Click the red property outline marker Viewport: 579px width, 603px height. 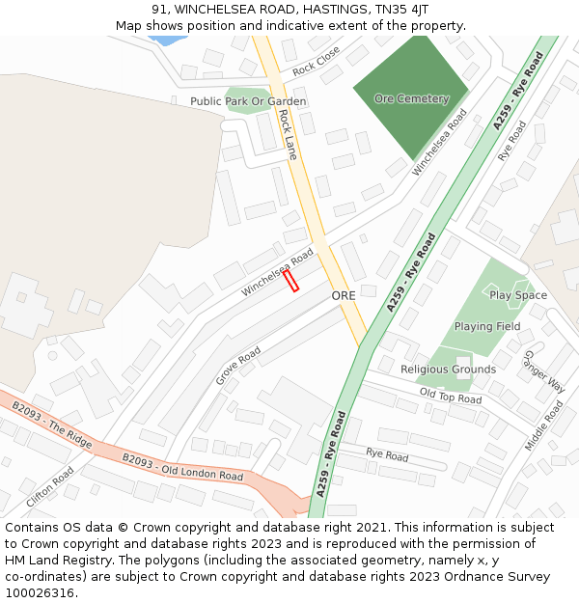click(290, 280)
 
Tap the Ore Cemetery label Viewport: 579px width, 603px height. click(411, 98)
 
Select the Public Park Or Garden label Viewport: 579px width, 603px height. click(248, 101)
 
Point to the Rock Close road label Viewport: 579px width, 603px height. click(317, 61)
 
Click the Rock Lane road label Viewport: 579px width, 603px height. click(287, 133)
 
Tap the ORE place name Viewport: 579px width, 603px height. click(345, 295)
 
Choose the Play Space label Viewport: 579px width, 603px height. click(517, 295)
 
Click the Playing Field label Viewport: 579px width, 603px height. click(487, 326)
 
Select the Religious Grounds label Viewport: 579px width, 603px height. click(448, 369)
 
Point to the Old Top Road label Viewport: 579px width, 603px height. click(450, 397)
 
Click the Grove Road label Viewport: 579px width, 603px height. click(238, 366)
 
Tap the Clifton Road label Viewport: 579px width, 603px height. click(49, 488)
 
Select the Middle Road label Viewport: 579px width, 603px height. click(542, 425)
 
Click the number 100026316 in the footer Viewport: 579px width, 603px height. click(40, 592)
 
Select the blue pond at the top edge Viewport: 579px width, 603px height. click(168, 41)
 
